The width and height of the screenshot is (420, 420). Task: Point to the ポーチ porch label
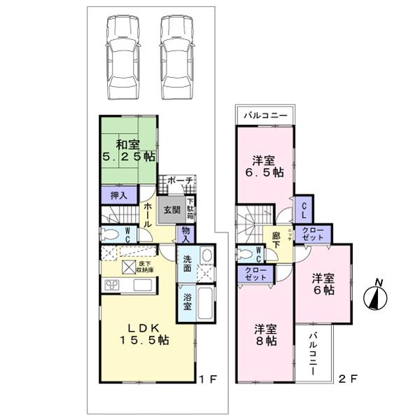pos(179,181)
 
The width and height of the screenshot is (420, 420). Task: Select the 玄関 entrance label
pos(172,210)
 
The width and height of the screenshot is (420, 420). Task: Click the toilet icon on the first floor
pos(111,234)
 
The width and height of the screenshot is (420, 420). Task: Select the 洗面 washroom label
pos(188,264)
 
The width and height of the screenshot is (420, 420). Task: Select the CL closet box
pos(304,208)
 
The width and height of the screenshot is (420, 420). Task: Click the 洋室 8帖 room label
pos(265,335)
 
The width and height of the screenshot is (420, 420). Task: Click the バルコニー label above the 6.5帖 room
pos(263,115)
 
